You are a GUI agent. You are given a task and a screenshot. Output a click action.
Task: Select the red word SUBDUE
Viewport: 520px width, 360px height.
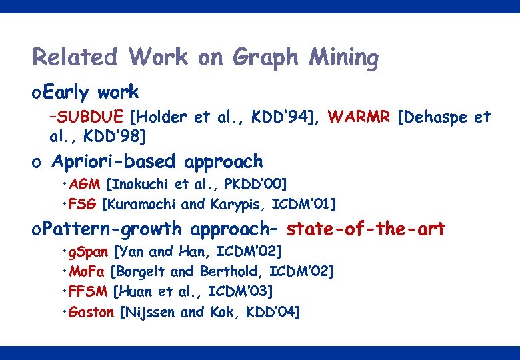91,118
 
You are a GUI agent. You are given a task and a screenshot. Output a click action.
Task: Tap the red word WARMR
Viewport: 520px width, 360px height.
359,118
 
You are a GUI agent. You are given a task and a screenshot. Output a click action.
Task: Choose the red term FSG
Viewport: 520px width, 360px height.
84,203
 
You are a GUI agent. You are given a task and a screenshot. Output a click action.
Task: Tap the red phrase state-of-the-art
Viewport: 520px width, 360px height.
366,229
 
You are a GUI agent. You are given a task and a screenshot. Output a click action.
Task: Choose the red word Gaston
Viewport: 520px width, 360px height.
92,311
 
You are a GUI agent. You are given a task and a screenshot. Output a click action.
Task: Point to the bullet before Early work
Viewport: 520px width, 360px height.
37,93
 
